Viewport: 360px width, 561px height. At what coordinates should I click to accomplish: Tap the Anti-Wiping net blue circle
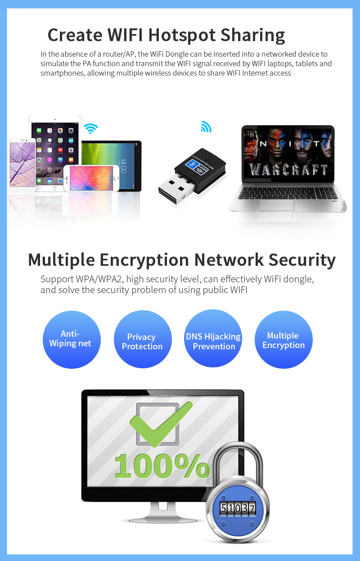[72, 339]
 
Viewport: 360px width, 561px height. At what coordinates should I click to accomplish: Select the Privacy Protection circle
[143, 339]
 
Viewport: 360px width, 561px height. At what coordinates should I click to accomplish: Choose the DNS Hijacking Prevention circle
[213, 338]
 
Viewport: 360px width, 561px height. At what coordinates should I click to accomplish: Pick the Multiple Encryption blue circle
[283, 339]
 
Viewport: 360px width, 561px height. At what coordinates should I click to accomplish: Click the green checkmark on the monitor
[161, 424]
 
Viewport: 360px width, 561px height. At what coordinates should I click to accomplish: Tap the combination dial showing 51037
[238, 509]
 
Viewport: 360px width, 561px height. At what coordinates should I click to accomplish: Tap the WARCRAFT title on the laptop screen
[288, 170]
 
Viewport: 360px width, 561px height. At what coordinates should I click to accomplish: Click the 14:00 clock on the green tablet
[123, 166]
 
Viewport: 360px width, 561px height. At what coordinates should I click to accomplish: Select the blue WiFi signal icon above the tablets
[91, 128]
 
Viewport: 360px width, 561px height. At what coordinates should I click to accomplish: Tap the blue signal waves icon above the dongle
[206, 126]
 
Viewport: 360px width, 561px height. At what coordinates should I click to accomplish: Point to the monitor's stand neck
[163, 510]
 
